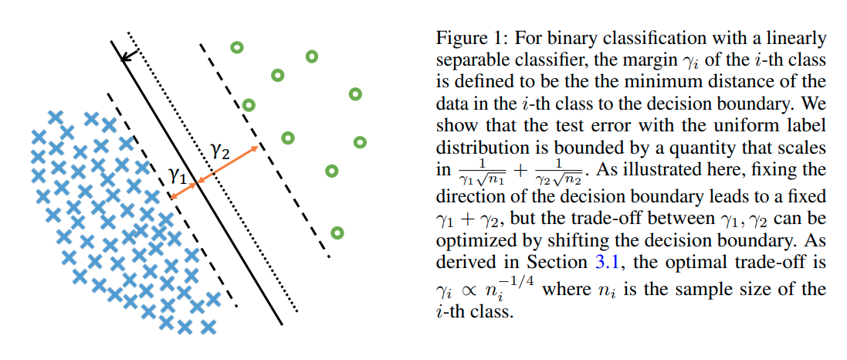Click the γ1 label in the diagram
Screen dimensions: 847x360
[178, 175]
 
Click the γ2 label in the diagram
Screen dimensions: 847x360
[221, 151]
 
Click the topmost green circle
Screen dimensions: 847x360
[238, 47]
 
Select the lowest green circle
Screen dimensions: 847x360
[337, 233]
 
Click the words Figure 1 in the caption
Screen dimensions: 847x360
[467, 38]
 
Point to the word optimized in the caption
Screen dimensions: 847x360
[469, 239]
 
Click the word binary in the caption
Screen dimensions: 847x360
[551, 38]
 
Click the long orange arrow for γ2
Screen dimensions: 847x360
[229, 164]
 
